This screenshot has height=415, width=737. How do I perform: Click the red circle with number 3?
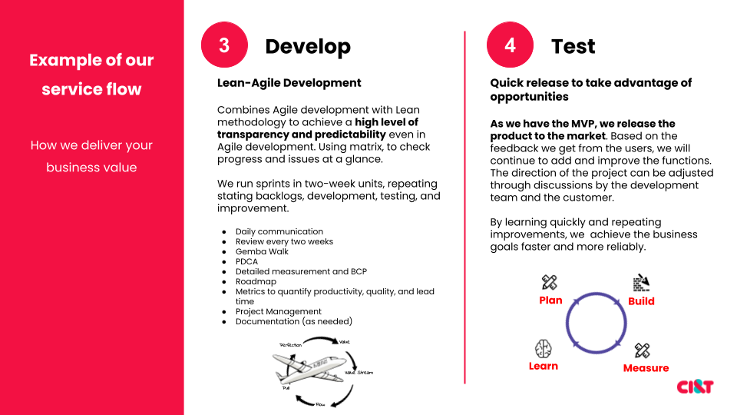pos(223,45)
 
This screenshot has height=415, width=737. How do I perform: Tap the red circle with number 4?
pos(510,45)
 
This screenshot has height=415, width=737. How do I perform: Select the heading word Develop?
pos(307,46)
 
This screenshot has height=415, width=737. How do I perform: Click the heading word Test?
pos(573,46)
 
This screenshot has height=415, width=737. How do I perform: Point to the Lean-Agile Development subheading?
pos(289,83)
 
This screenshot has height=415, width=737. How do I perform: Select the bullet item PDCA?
pos(247,261)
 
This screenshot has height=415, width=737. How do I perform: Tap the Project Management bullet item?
pos(278,311)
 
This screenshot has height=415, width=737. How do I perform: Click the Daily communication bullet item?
pos(279,231)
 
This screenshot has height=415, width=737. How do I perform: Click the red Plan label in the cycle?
pos(550,300)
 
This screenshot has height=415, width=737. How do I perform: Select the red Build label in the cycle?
pos(641,301)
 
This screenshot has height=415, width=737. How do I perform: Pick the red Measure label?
pos(646,368)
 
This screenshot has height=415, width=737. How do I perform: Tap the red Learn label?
pos(543,366)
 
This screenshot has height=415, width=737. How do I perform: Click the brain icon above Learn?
pos(543,347)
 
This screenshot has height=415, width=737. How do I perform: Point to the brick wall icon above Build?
pos(641,283)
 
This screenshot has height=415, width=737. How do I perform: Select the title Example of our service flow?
pos(91,75)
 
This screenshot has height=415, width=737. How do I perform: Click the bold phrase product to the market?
pos(537,136)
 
